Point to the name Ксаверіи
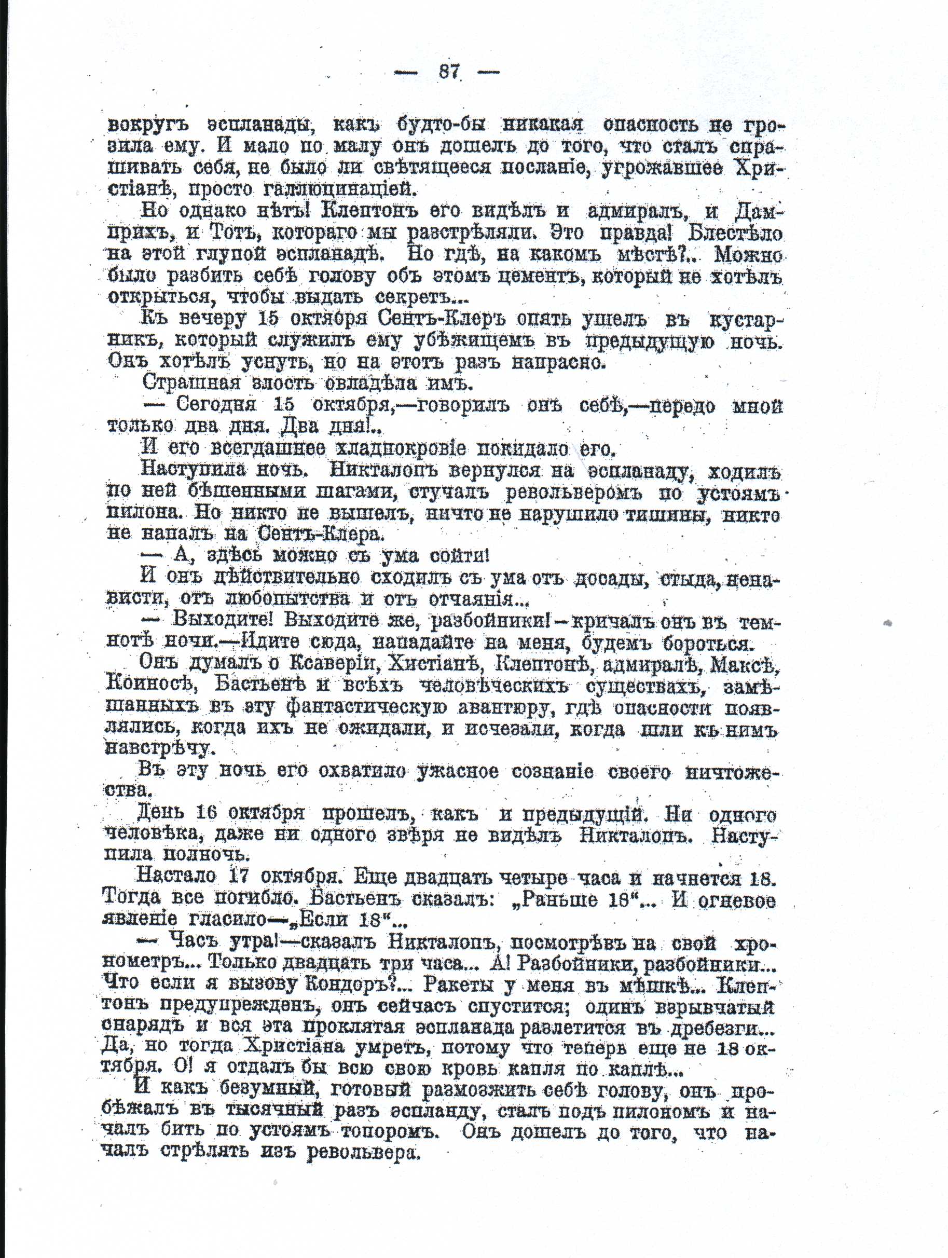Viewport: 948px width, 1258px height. [332, 664]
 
